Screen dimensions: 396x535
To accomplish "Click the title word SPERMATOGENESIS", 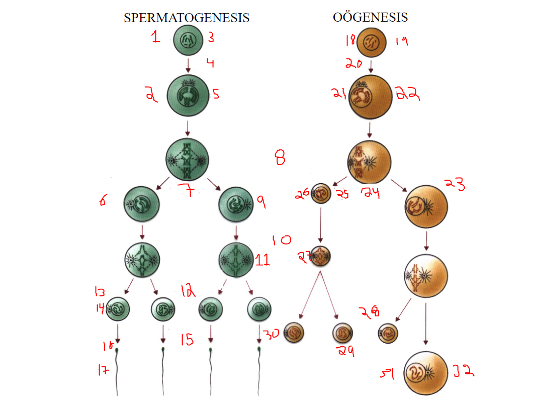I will tap(187, 18).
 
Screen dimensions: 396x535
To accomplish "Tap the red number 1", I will tap(156, 37).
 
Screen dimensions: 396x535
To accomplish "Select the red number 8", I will tap(280, 159).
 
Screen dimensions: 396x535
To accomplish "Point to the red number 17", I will tap(103, 370).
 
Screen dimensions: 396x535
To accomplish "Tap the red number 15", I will tap(187, 341).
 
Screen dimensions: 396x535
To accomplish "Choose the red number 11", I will tap(262, 260).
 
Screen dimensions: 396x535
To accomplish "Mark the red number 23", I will tap(454, 184).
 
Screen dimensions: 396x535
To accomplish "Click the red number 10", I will tap(281, 240).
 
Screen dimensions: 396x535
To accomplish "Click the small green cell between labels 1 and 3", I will tap(188, 40).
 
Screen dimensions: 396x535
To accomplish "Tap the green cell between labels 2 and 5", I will tap(188, 96).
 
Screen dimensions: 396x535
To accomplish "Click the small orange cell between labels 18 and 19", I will tap(372, 42).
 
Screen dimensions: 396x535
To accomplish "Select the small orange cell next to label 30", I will tap(294, 333).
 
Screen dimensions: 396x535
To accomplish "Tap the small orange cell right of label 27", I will tap(321, 256).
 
